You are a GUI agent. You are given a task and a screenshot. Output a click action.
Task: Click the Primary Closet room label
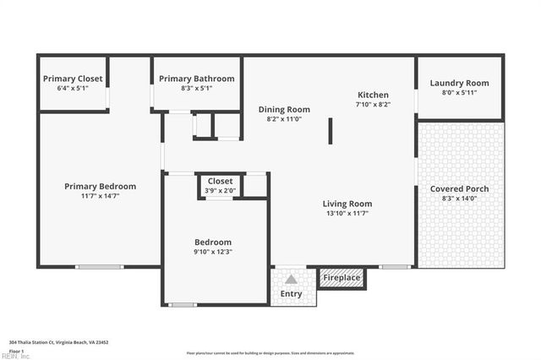[73, 79]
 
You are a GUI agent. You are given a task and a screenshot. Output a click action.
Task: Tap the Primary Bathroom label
[197, 79]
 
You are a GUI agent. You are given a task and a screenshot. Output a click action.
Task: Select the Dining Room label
[284, 109]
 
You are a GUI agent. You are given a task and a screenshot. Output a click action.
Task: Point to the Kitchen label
[373, 95]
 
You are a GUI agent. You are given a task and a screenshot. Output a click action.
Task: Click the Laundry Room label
[459, 83]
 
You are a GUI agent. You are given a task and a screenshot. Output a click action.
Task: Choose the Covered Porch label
[459, 188]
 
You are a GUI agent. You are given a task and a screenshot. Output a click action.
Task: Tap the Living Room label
[347, 204]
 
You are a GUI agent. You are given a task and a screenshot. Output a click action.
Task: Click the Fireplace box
[342, 278]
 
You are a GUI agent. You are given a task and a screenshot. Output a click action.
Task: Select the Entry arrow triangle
[291, 279]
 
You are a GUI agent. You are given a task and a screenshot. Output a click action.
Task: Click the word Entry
[291, 294]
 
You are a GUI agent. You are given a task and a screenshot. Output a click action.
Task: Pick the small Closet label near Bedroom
[220, 181]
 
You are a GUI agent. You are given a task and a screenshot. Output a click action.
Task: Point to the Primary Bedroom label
[101, 186]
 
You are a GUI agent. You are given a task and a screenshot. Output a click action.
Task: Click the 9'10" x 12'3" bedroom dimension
[213, 251]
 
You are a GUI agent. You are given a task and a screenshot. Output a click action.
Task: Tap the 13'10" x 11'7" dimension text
[347, 214]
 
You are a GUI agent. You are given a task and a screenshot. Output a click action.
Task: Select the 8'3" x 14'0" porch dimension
[459, 199]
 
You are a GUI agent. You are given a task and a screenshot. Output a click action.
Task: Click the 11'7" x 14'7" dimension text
[101, 196]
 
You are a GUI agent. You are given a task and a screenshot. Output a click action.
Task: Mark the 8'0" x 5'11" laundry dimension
[459, 92]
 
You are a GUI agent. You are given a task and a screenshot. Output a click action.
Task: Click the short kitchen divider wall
[331, 131]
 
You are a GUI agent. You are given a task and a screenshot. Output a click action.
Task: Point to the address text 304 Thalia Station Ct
[59, 342]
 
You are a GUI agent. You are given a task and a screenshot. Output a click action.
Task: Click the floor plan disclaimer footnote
[270, 352]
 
